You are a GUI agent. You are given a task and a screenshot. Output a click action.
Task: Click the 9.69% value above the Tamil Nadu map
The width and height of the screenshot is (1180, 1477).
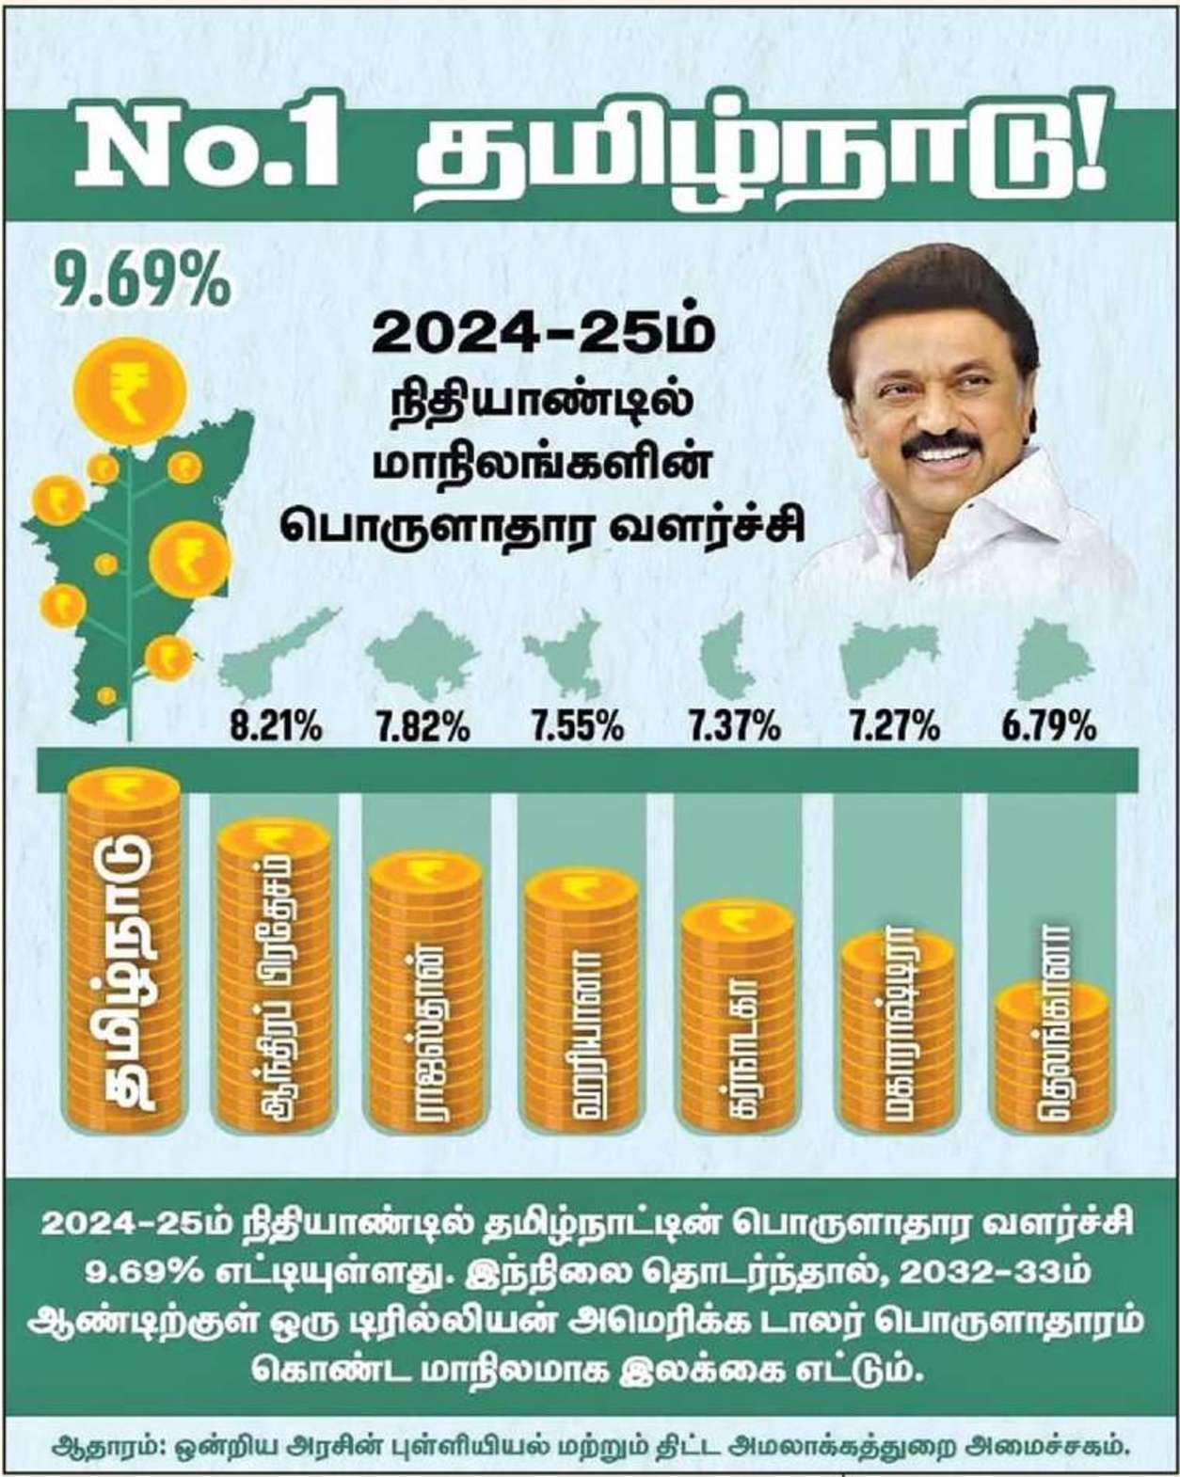point(141,280)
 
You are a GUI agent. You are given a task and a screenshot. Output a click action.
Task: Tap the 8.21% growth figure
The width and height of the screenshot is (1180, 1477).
point(276,726)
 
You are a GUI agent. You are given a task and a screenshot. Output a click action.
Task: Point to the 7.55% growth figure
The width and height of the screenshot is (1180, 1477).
point(576,726)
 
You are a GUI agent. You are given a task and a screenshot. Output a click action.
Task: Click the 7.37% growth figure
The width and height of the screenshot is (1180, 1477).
point(732,726)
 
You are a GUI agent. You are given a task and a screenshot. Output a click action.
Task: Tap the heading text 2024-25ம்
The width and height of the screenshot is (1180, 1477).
point(543,334)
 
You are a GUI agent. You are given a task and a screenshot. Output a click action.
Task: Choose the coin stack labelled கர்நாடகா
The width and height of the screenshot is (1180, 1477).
point(737,1016)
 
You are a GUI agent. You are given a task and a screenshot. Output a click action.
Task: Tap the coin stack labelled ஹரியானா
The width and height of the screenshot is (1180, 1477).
point(581,997)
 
